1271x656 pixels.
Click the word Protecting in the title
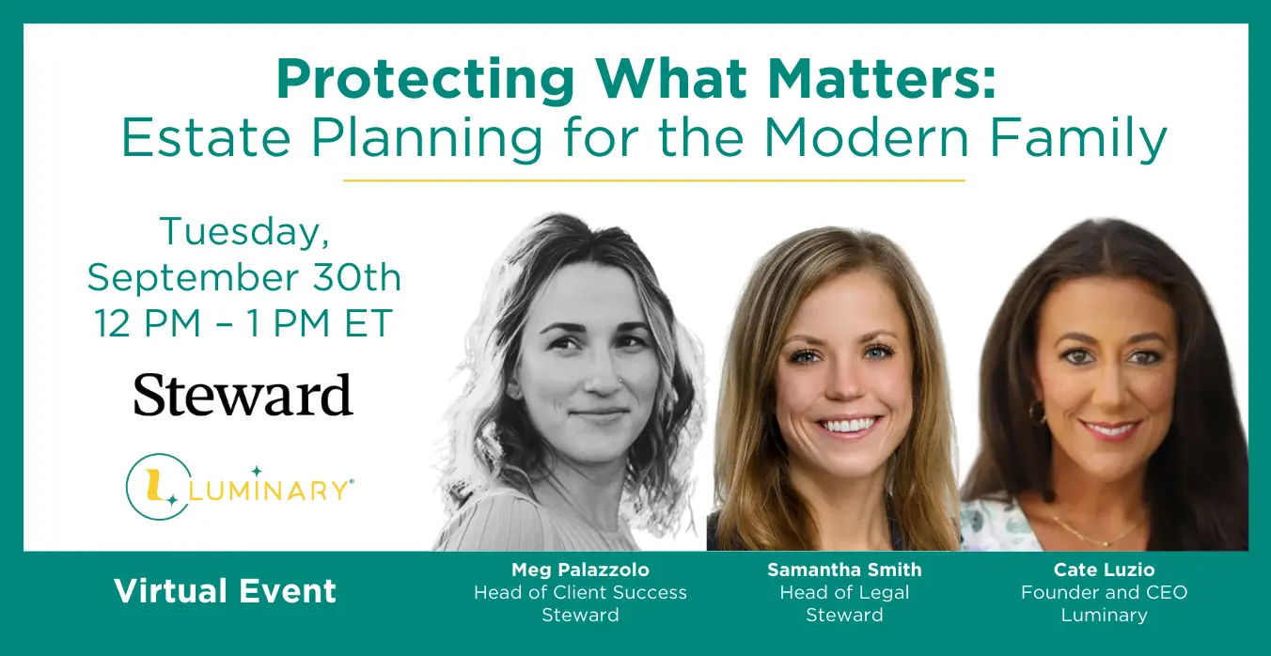point(426,80)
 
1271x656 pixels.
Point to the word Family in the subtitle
point(1078,140)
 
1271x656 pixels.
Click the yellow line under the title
point(653,180)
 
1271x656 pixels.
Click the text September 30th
point(244,277)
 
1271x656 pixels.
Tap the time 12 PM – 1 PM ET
point(243,323)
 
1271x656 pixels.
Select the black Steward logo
point(243,395)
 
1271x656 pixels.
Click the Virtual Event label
point(226,591)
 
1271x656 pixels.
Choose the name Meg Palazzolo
point(580,570)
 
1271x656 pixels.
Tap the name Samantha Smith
point(844,570)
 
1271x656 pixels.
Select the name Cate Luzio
point(1105,570)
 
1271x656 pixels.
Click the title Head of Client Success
point(580,592)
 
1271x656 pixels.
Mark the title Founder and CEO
point(1105,592)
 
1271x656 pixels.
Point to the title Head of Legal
point(844,593)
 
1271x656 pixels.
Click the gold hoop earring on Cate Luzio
point(1038,411)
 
